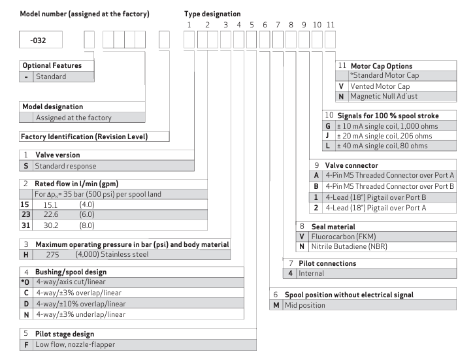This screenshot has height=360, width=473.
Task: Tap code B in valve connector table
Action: pyautogui.click(x=316, y=188)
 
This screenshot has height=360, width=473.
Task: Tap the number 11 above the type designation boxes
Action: pyautogui.click(x=331, y=24)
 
